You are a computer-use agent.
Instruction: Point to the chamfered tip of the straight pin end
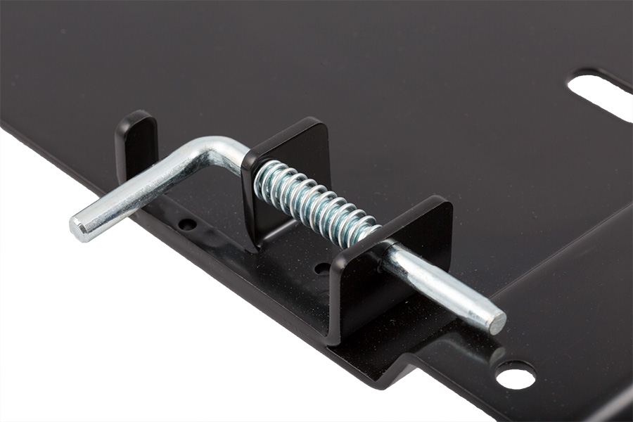[x=497, y=322]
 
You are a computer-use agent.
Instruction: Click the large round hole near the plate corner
[x=516, y=375]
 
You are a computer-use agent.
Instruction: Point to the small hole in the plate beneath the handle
[x=187, y=224]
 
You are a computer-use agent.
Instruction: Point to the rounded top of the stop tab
[x=135, y=116]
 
